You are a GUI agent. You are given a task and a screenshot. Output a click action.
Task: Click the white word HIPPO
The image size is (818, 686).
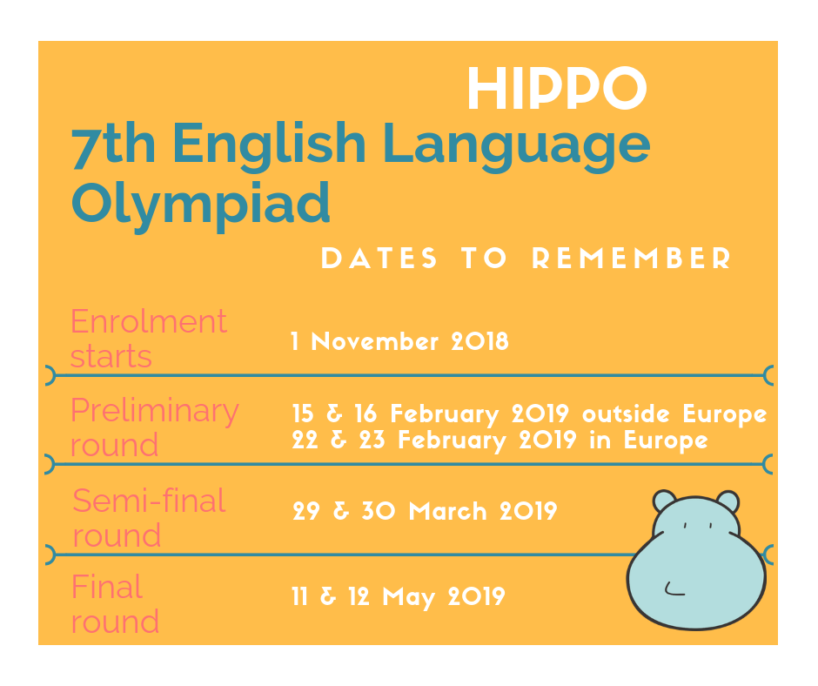pyautogui.click(x=557, y=89)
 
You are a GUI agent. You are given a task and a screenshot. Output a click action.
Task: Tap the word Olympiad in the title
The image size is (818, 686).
pyautogui.click(x=201, y=202)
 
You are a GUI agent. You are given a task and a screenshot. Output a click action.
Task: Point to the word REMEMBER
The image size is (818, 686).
pyautogui.click(x=631, y=259)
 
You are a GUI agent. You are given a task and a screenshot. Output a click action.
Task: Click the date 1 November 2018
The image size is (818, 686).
pyautogui.click(x=399, y=341)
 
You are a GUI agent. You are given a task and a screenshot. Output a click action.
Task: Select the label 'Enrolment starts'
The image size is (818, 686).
pyautogui.click(x=148, y=339)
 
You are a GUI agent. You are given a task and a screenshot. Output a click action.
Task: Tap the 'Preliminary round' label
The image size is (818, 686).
pyautogui.click(x=154, y=427)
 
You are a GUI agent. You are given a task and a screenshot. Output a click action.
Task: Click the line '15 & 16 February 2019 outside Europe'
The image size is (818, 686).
pyautogui.click(x=529, y=414)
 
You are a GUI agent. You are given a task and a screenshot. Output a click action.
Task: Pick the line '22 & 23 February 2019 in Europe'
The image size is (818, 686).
pyautogui.click(x=500, y=441)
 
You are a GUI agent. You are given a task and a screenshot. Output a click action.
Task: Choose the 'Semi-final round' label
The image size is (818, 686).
pyautogui.click(x=149, y=517)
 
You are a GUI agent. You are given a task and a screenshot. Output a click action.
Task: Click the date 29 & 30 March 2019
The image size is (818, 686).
pyautogui.click(x=424, y=511)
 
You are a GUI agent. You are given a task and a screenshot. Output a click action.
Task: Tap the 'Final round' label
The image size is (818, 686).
pyautogui.click(x=115, y=604)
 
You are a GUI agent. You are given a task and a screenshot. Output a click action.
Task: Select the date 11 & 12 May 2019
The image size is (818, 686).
pyautogui.click(x=398, y=597)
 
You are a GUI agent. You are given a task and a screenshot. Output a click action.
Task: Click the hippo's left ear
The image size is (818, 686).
pyautogui.click(x=664, y=501)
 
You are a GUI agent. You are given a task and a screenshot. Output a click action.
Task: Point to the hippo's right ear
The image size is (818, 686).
pyautogui.click(x=727, y=501)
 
